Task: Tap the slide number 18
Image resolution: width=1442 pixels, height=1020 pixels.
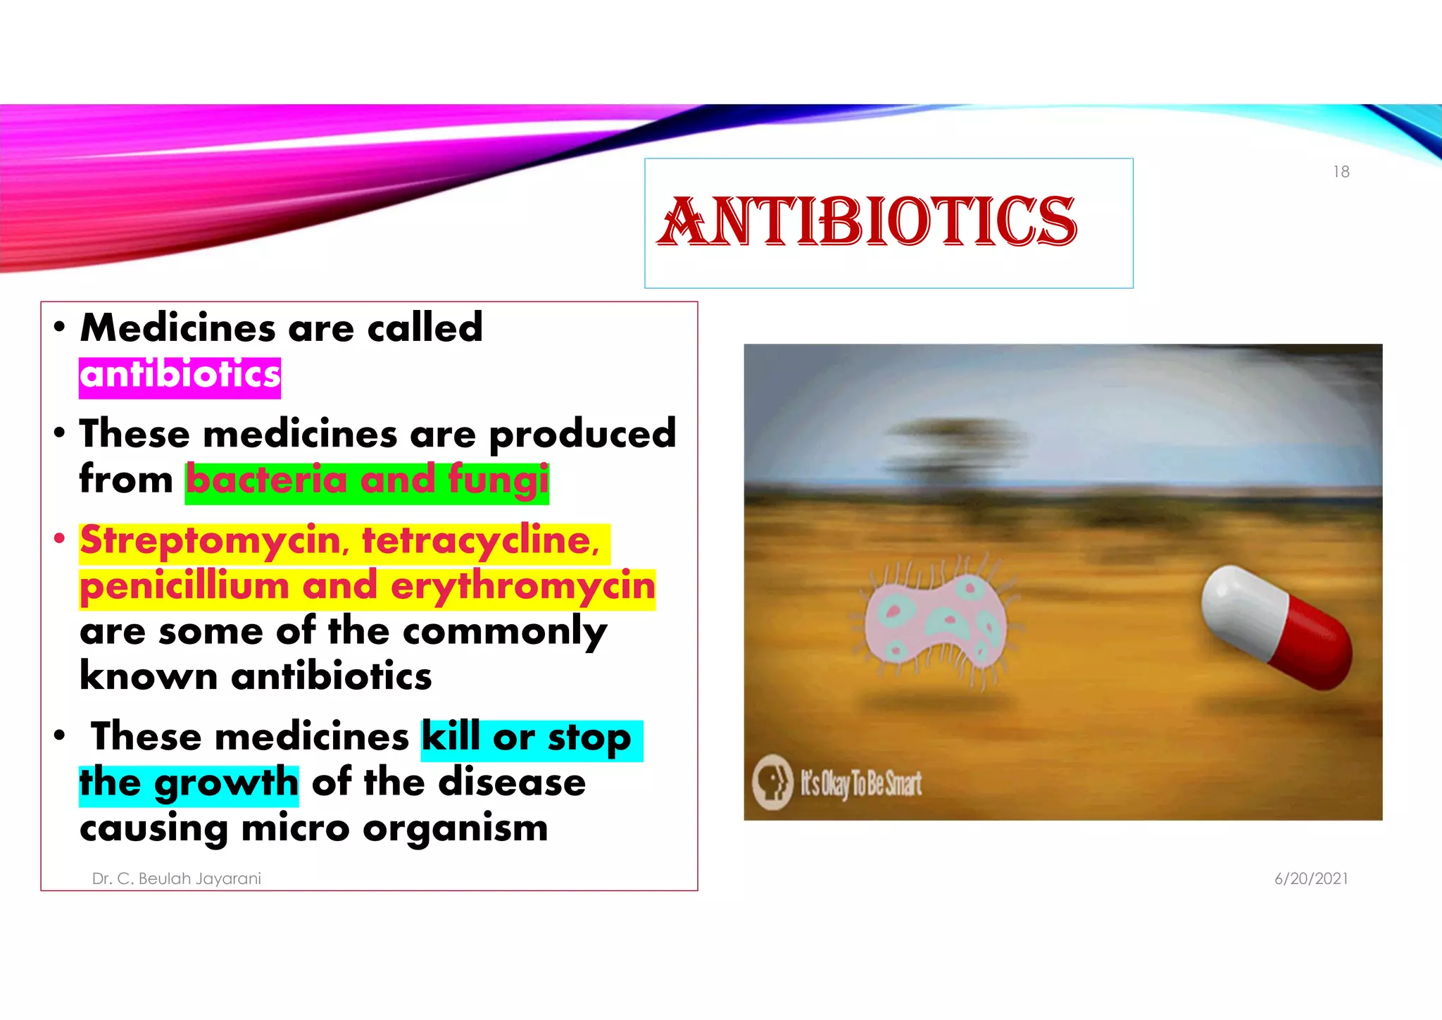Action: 1341,172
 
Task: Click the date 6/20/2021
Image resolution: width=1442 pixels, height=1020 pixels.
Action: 1310,878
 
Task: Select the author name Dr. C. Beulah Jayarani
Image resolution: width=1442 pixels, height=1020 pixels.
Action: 176,878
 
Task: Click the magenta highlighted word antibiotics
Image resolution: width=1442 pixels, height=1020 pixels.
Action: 180,375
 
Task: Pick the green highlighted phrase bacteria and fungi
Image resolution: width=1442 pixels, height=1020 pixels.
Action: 366,481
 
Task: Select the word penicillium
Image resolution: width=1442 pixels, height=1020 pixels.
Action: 184,587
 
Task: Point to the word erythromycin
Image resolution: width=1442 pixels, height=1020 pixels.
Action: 522,587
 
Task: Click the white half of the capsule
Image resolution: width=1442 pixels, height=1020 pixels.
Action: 1243,604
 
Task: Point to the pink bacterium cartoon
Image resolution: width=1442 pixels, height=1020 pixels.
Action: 934,620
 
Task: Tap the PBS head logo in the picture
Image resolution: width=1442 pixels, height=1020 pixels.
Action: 772,782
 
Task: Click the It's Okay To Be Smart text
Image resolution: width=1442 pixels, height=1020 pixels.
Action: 860,783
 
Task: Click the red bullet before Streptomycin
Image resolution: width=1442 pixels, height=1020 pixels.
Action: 60,540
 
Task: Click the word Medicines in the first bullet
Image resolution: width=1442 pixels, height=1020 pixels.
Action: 177,328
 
